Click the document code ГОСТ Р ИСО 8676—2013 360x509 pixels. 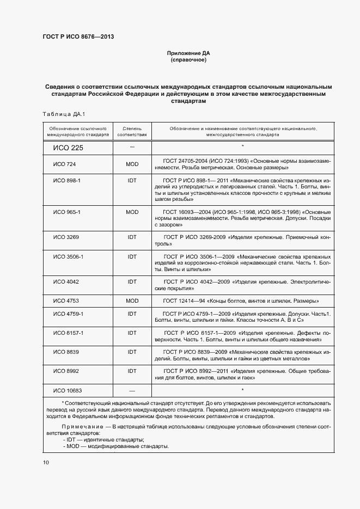(x=78, y=36)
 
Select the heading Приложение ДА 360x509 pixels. (x=188, y=53)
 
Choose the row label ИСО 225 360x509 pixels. (x=68, y=148)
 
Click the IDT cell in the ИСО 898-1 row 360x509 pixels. (x=132, y=180)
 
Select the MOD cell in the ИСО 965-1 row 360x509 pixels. (x=132, y=211)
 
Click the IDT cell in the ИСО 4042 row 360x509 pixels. (x=132, y=281)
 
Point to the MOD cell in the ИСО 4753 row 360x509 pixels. (x=132, y=301)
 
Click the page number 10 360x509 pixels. (x=46, y=462)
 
